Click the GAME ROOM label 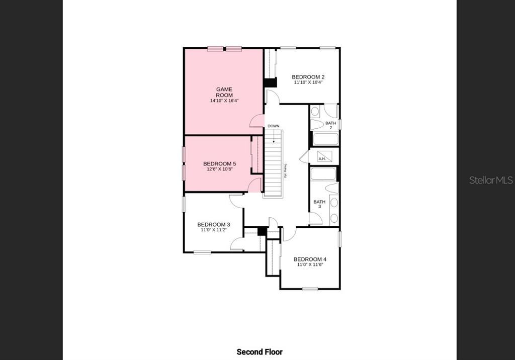click(224, 92)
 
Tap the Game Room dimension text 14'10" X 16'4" click(224, 101)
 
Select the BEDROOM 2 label click(308, 77)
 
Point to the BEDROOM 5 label click(219, 164)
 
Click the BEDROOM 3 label click(214, 224)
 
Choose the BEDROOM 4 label click(310, 259)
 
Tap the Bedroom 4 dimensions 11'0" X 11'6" click(310, 264)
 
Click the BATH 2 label click(330, 125)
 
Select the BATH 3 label click(319, 204)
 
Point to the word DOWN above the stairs click(273, 126)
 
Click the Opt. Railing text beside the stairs click(285, 171)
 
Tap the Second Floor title click(260, 352)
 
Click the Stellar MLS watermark click(491, 180)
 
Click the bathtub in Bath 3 click(323, 174)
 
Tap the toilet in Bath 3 click(332, 188)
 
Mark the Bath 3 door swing click(315, 219)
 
